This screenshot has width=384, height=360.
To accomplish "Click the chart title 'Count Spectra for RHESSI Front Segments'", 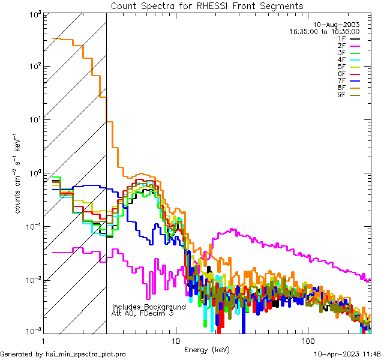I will pos(207,5).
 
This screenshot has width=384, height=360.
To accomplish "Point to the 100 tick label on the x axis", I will pos(307,340).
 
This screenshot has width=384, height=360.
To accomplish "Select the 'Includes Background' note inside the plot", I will pos(149,307).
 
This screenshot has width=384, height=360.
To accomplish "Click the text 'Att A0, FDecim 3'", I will pos(143,314).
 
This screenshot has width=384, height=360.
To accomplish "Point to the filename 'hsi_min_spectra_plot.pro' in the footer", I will pos(86,354).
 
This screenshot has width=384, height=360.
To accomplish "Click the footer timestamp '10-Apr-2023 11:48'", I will pos(347,354).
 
